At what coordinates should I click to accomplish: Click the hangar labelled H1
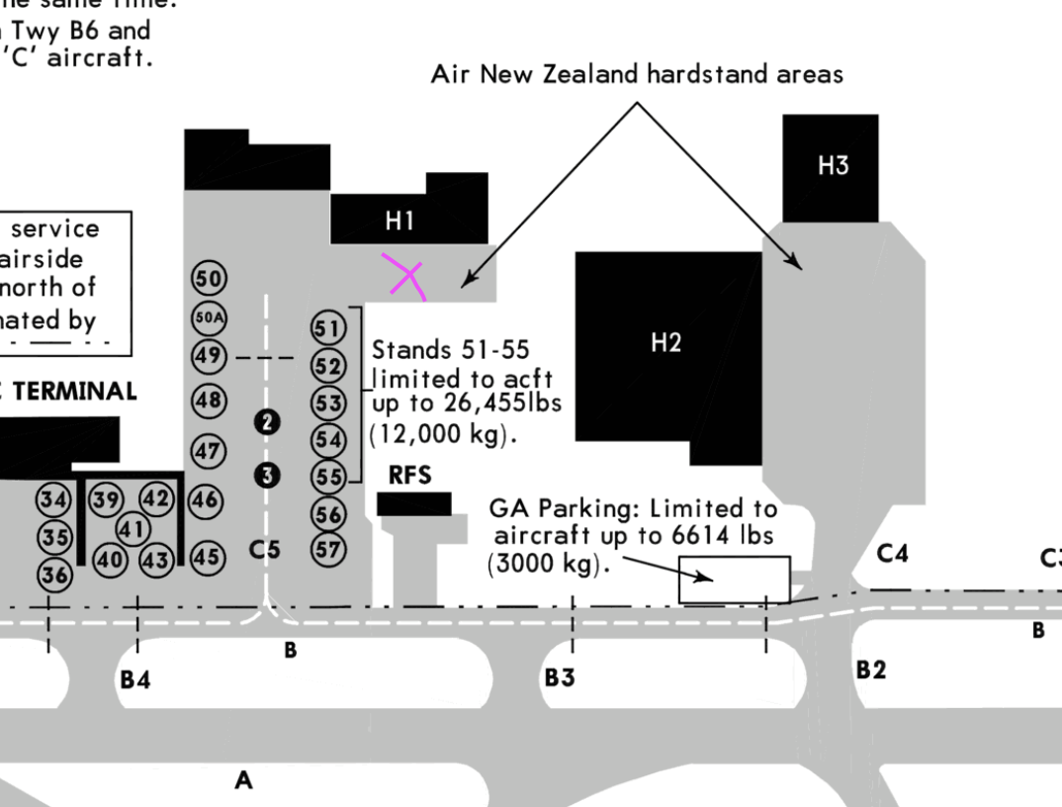(399, 221)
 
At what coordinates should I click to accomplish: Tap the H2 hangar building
(666, 343)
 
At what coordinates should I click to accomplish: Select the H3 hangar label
(833, 166)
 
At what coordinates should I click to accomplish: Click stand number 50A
(209, 317)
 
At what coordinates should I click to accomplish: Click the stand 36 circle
(55, 575)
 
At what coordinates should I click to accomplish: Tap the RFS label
(410, 476)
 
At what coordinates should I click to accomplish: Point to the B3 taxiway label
(561, 678)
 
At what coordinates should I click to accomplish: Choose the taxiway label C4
(892, 554)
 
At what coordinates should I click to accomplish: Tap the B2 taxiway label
(871, 671)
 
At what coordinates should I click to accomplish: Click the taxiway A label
(243, 781)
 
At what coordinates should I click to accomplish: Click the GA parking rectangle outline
(734, 579)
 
